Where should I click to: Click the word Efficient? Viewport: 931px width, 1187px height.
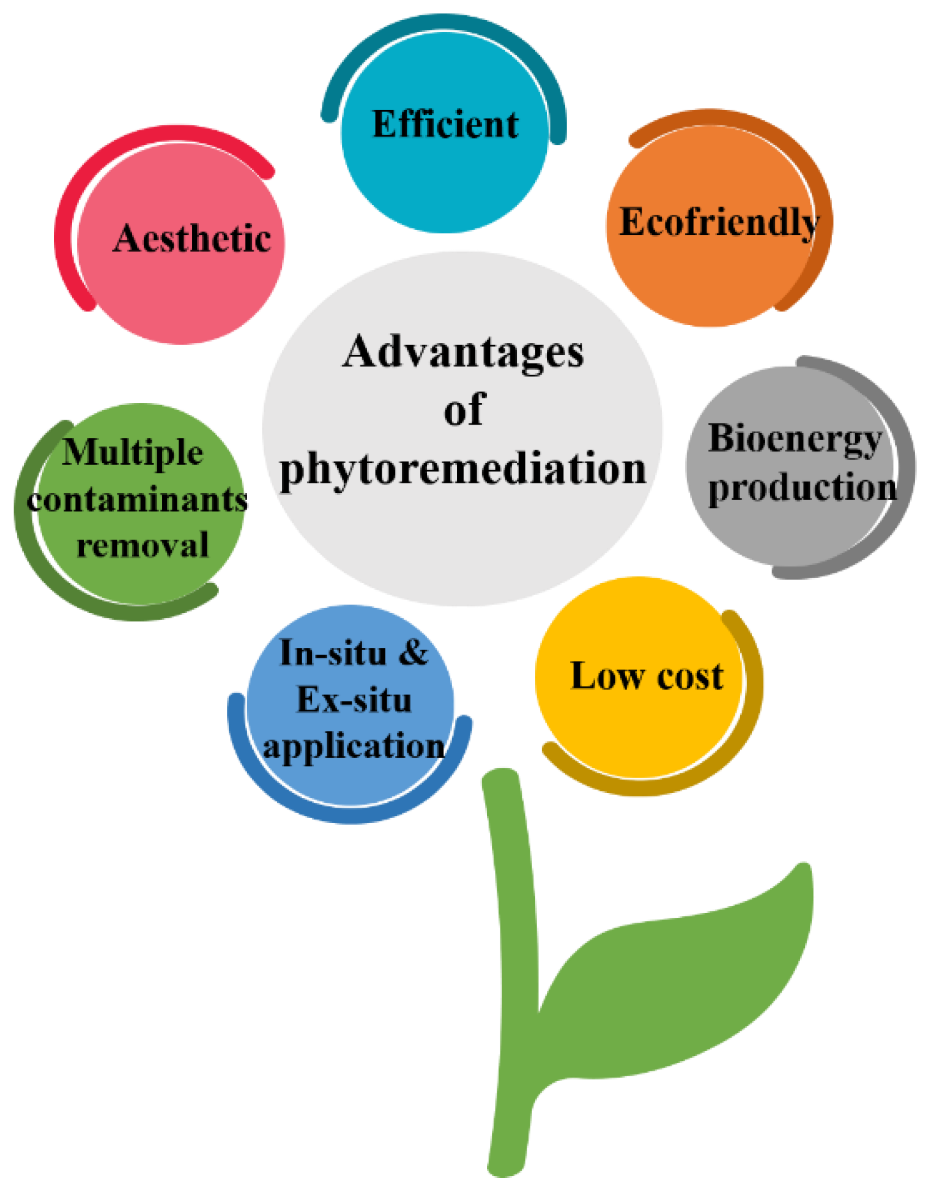point(445,124)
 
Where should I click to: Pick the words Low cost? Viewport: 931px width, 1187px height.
point(647,676)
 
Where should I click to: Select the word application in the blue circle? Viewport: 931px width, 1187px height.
point(354,747)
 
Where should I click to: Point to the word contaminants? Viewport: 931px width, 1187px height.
point(137,500)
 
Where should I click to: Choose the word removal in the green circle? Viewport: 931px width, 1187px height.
point(143,545)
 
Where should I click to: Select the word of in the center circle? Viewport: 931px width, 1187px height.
point(464,410)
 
